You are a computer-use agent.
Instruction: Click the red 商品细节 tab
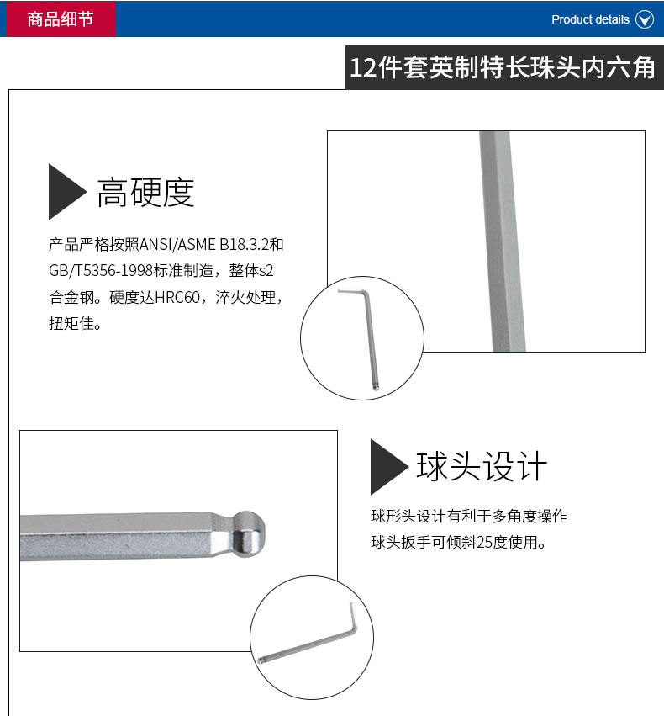coord(61,19)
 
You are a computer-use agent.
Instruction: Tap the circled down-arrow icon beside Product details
coord(645,19)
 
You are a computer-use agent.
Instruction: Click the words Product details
coord(590,19)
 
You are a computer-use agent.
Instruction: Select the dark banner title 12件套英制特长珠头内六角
coord(502,67)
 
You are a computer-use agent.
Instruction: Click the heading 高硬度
coord(145,192)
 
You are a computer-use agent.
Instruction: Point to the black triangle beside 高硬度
coord(67,192)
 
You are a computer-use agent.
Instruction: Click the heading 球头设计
coord(482,466)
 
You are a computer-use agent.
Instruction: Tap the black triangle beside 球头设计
coord(389,467)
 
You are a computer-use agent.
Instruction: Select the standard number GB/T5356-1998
coord(101,271)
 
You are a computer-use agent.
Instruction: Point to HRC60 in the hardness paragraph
coord(177,298)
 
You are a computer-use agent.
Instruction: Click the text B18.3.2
coord(245,245)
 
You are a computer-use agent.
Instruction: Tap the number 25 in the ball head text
coord(485,543)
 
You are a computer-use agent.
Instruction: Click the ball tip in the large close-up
coord(249,534)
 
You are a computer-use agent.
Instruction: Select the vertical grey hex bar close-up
coord(502,241)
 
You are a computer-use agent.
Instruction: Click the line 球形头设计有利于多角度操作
coord(469,517)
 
